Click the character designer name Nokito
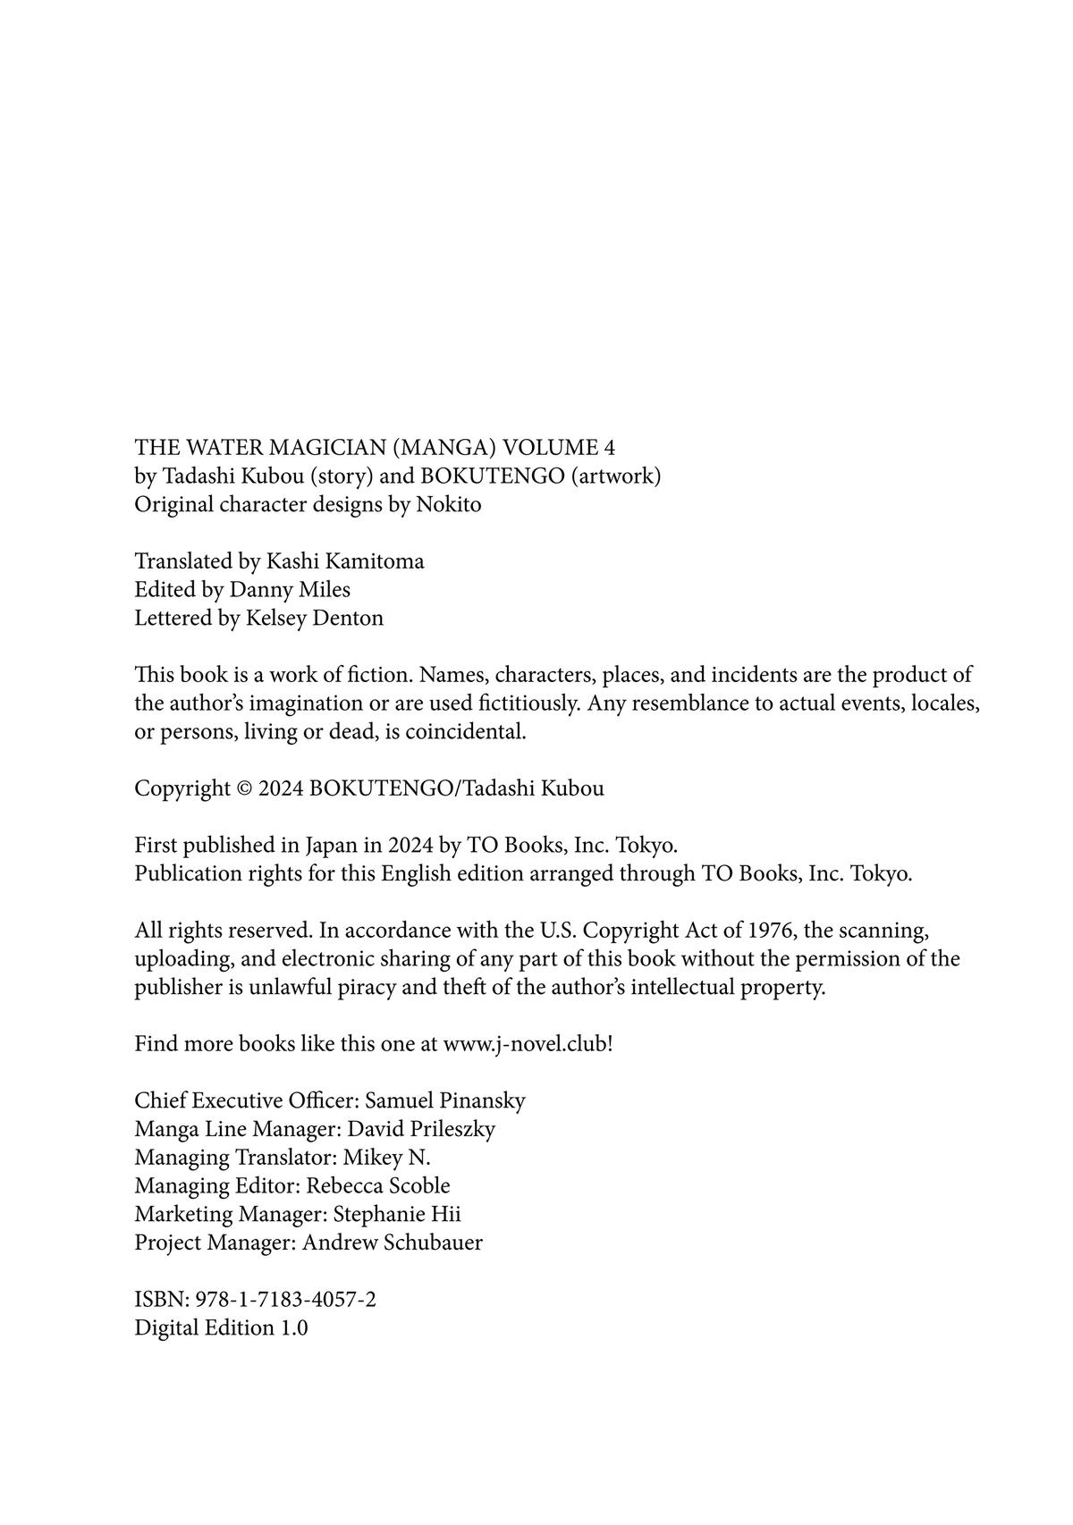(448, 505)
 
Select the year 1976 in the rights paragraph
(770, 931)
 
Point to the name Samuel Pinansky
(444, 1100)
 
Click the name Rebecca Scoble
(377, 1186)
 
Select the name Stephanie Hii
(396, 1215)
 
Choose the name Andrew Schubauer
(392, 1243)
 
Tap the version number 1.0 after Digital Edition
(294, 1328)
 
